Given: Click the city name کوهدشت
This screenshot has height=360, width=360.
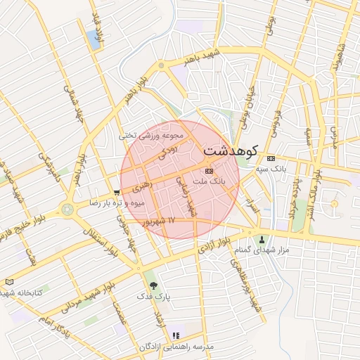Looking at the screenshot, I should point(231,150).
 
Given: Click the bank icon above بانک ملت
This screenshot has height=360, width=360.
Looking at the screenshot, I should point(209,171).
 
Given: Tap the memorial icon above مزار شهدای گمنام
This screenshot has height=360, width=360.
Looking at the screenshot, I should point(263,239).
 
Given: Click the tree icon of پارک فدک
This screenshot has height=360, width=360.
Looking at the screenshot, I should point(153,285).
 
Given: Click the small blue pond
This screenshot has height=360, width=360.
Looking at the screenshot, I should point(94,40).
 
